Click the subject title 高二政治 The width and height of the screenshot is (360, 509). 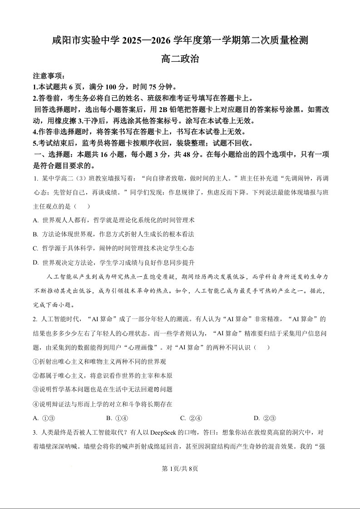coord(180,59)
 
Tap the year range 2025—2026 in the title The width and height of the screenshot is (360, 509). coord(146,40)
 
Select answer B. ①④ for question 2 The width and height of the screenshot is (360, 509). coord(117,418)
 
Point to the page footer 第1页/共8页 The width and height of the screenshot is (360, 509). coord(180,469)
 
